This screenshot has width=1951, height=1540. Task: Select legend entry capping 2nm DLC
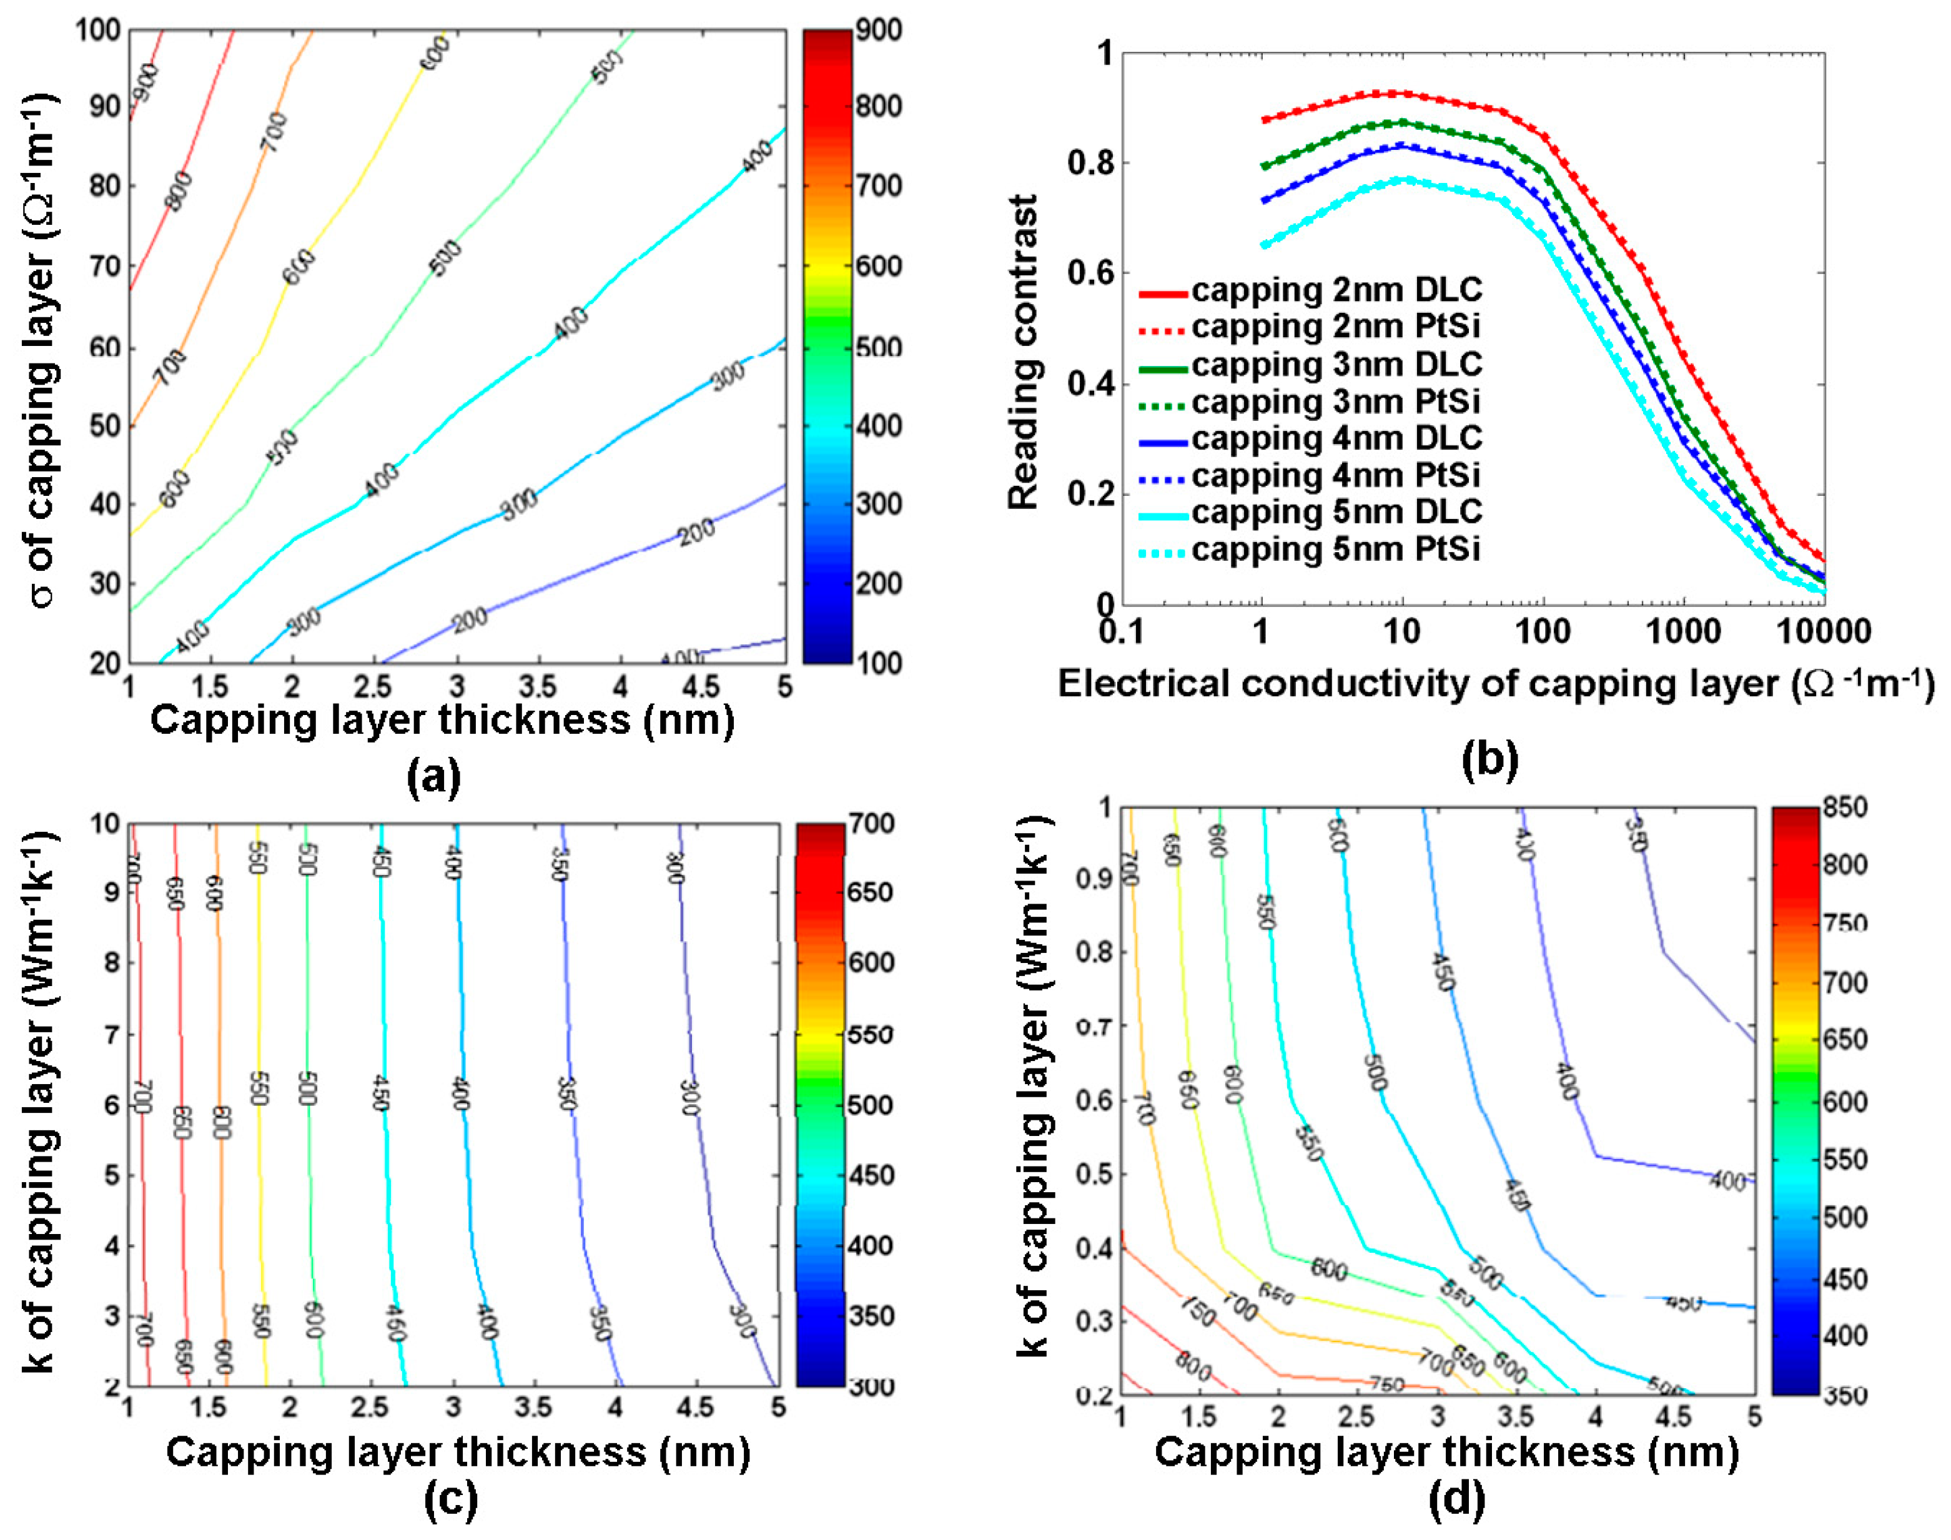click(1336, 291)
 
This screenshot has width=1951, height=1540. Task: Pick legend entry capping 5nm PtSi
click(1335, 549)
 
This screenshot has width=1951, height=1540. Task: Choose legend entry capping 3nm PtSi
click(1335, 402)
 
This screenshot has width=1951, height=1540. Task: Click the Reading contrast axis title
click(1024, 352)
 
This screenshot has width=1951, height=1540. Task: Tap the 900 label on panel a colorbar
click(878, 31)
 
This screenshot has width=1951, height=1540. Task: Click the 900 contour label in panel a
click(145, 86)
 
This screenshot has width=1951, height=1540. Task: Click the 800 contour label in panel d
click(1193, 1368)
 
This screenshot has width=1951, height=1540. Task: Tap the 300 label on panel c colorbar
click(871, 1386)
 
